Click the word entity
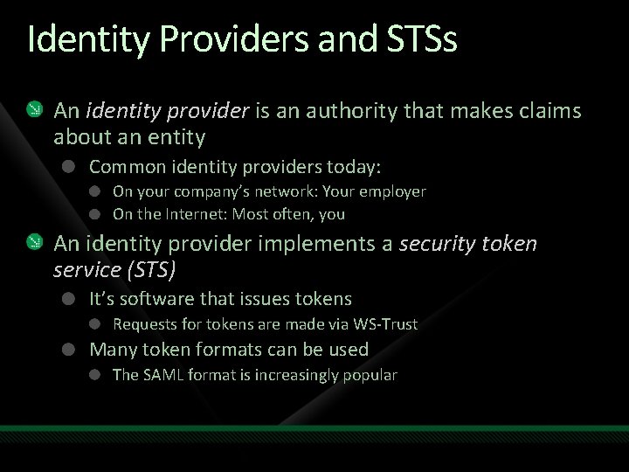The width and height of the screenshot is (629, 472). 176,137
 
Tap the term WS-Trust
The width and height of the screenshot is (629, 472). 385,324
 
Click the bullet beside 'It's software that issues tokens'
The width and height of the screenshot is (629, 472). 69,299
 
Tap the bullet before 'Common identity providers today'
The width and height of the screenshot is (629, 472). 69,166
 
